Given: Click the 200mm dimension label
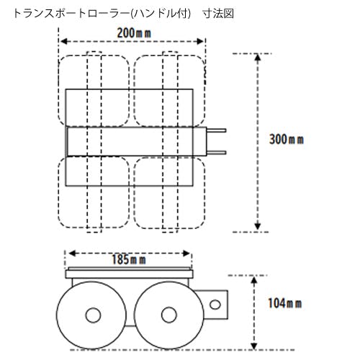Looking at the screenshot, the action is click(x=134, y=33).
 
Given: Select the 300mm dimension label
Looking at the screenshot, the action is click(x=287, y=139).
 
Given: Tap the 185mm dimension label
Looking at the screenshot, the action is click(x=129, y=260).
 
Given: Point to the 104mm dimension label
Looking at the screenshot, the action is click(x=285, y=303).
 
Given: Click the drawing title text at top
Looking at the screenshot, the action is click(x=124, y=14).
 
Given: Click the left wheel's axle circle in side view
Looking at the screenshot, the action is click(x=93, y=315).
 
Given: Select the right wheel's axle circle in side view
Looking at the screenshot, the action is click(x=169, y=315).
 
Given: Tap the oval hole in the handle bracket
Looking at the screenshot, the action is click(x=215, y=305).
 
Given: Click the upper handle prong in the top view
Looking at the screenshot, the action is click(x=216, y=130).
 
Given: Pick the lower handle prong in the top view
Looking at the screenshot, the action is click(x=216, y=153).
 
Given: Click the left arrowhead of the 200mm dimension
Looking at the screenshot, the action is click(x=64, y=42).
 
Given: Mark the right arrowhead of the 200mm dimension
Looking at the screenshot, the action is click(x=200, y=42).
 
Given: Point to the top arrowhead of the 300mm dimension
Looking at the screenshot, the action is click(x=258, y=58).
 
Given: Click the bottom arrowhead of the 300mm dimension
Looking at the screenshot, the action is click(x=258, y=226).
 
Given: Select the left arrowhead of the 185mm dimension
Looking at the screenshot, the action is click(x=72, y=253).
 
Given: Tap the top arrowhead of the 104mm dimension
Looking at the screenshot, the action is click(x=254, y=280).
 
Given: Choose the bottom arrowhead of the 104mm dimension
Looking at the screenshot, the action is click(x=254, y=346).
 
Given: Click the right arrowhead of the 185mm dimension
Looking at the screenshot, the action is click(x=186, y=253).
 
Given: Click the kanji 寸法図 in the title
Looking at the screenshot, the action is click(x=218, y=14).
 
